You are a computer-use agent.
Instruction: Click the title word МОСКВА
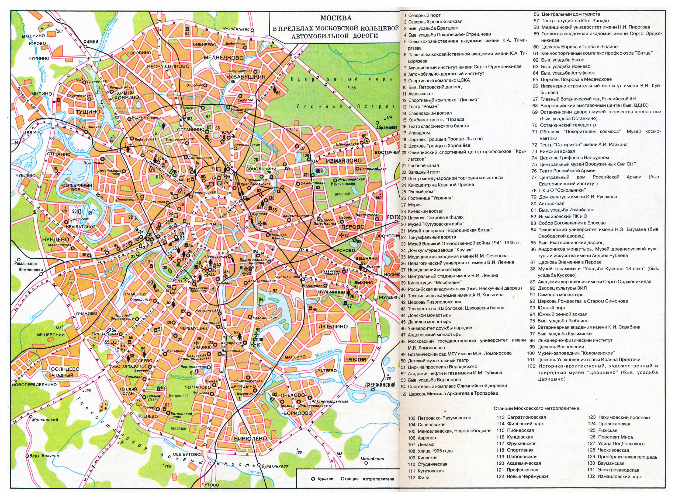coord(335,18)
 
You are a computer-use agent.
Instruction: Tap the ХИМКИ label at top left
coord(91,42)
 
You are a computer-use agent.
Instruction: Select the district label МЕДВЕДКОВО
coord(223,57)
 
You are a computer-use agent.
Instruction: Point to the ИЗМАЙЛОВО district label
coord(343,161)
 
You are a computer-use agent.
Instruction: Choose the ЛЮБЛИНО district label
coord(333,327)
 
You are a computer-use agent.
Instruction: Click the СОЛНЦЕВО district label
coord(65,369)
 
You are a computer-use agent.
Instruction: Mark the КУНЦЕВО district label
coord(56,239)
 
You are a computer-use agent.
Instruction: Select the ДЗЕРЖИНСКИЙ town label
coord(380,385)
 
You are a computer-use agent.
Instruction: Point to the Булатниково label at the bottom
coord(274,466)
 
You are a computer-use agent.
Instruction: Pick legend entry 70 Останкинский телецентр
coord(567,125)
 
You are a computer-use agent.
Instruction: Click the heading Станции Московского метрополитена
coord(537,408)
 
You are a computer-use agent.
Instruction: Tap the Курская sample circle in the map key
coord(313,479)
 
